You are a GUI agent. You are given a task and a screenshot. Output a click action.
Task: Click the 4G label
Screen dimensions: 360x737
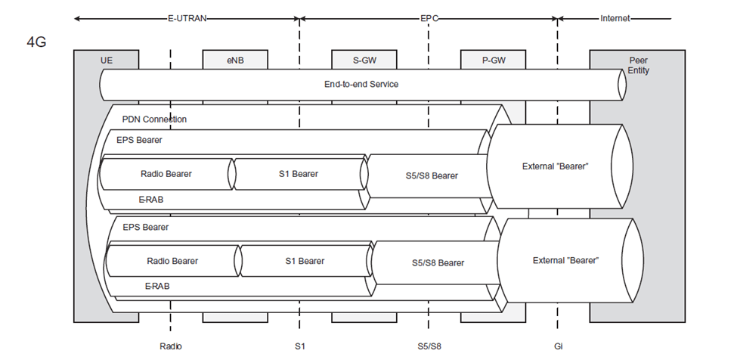pyautogui.click(x=36, y=42)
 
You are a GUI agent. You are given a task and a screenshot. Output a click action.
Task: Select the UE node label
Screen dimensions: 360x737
pyautogui.click(x=107, y=59)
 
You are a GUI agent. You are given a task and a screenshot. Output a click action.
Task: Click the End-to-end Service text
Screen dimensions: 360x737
pyautogui.click(x=355, y=84)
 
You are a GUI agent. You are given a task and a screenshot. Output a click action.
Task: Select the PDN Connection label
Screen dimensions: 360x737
pyautogui.click(x=154, y=119)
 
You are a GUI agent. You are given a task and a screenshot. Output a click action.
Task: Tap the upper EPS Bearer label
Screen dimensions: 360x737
pyautogui.click(x=139, y=140)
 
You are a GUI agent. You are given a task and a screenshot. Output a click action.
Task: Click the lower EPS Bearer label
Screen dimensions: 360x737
pyautogui.click(x=145, y=227)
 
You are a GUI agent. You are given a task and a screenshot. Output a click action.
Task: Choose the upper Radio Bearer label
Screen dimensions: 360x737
pyautogui.click(x=166, y=174)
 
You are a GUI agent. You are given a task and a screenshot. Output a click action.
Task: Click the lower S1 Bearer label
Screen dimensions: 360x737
pyautogui.click(x=305, y=261)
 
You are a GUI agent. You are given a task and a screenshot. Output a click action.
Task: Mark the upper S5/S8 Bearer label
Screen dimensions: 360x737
pyautogui.click(x=432, y=176)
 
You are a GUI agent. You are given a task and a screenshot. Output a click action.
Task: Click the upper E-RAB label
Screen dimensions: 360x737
pyautogui.click(x=150, y=200)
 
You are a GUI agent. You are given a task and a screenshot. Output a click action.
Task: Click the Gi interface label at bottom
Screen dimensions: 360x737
pyautogui.click(x=558, y=346)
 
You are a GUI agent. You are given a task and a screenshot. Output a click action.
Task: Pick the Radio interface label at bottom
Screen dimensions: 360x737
pyautogui.click(x=171, y=346)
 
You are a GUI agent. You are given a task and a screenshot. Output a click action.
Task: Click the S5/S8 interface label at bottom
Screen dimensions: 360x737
pyautogui.click(x=429, y=346)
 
